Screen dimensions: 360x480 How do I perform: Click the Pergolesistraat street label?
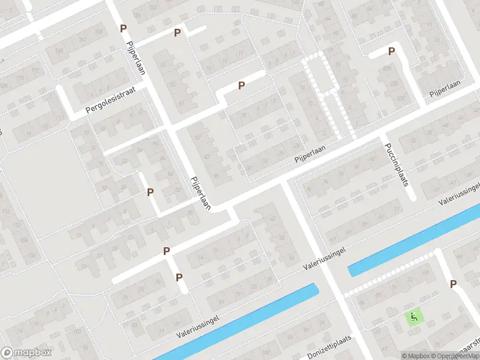tap(111, 100)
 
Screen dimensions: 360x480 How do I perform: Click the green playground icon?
tap(414, 315)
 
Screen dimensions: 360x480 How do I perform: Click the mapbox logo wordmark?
tap(26, 353)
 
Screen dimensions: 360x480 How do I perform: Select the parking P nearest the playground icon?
tap(453, 284)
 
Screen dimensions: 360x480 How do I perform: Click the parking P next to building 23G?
tap(241, 86)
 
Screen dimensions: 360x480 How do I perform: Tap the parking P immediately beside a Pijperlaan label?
tap(123, 28)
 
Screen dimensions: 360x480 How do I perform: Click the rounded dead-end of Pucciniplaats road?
tap(411, 197)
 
